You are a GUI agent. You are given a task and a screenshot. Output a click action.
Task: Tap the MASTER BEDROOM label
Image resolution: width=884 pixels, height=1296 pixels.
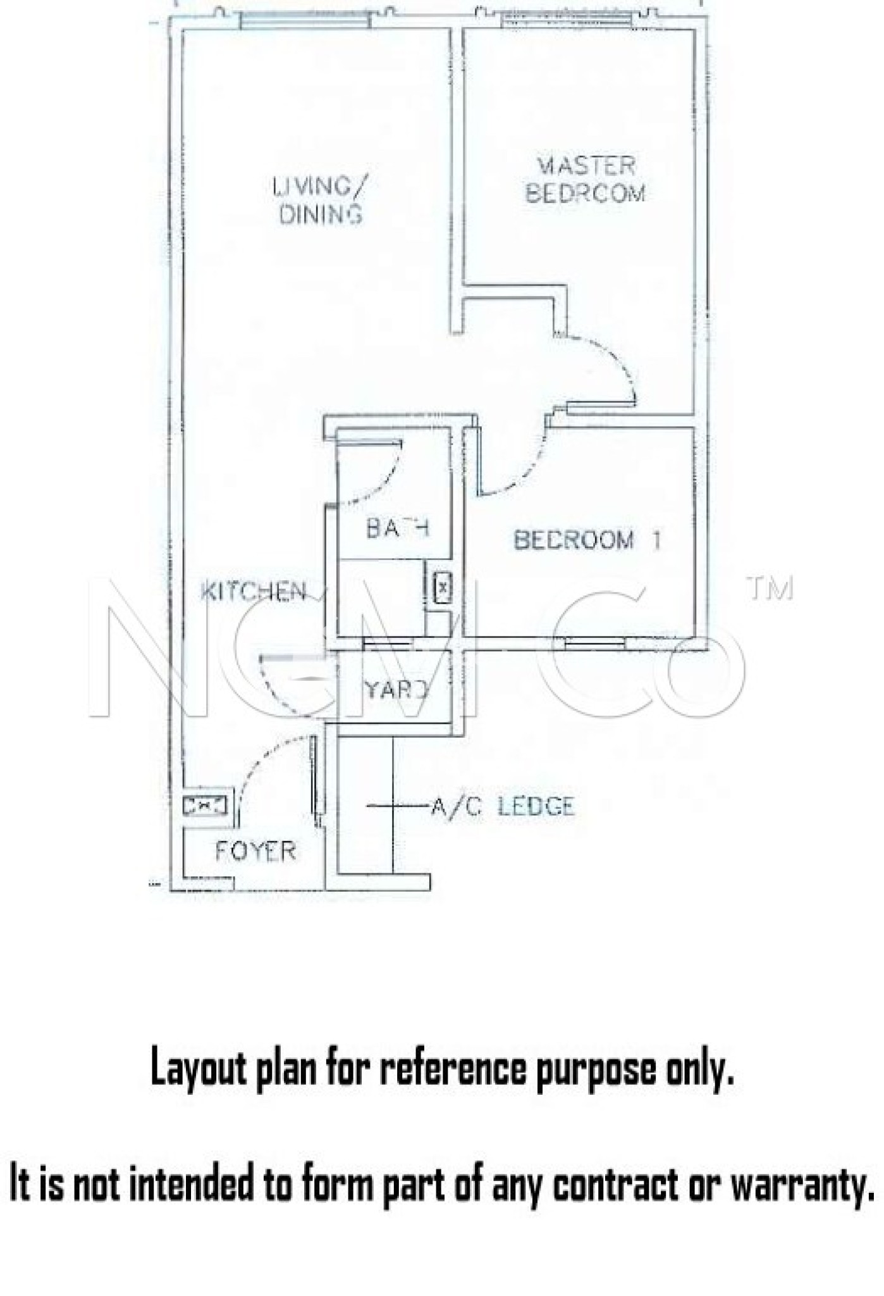pos(586,180)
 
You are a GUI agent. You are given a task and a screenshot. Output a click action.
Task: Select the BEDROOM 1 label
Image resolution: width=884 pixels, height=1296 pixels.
pos(587,540)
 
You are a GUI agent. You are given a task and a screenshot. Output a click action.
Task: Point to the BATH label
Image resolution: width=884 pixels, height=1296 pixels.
pos(398,527)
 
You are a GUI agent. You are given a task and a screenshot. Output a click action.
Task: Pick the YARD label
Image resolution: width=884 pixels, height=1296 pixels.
pos(396,689)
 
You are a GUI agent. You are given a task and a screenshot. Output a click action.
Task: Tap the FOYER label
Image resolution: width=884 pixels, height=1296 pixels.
pos(255,851)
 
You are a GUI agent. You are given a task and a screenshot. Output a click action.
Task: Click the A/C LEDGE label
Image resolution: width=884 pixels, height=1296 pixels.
pos(503,806)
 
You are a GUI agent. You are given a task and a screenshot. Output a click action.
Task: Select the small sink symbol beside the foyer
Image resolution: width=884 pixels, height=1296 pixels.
pos(204,806)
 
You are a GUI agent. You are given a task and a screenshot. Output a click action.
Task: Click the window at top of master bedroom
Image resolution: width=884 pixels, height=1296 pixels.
pos(567,20)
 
